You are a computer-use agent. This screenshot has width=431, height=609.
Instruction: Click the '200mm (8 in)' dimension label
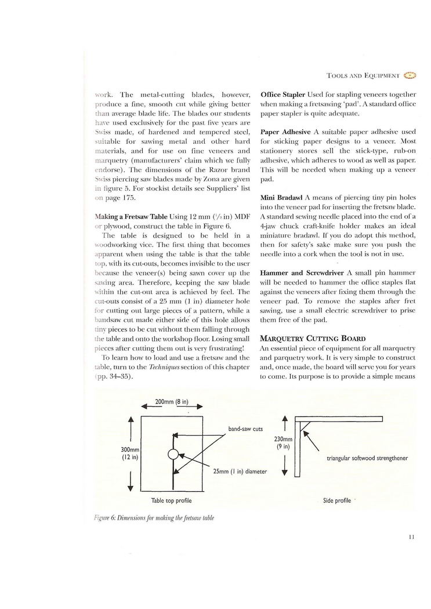point(173,401)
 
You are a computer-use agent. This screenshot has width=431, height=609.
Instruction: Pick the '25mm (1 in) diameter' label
point(240,472)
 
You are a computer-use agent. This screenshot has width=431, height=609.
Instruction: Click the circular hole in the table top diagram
point(172,454)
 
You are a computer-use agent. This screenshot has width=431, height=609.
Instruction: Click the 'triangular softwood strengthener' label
point(367,458)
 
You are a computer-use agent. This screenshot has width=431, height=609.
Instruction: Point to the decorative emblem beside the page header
point(409,75)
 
